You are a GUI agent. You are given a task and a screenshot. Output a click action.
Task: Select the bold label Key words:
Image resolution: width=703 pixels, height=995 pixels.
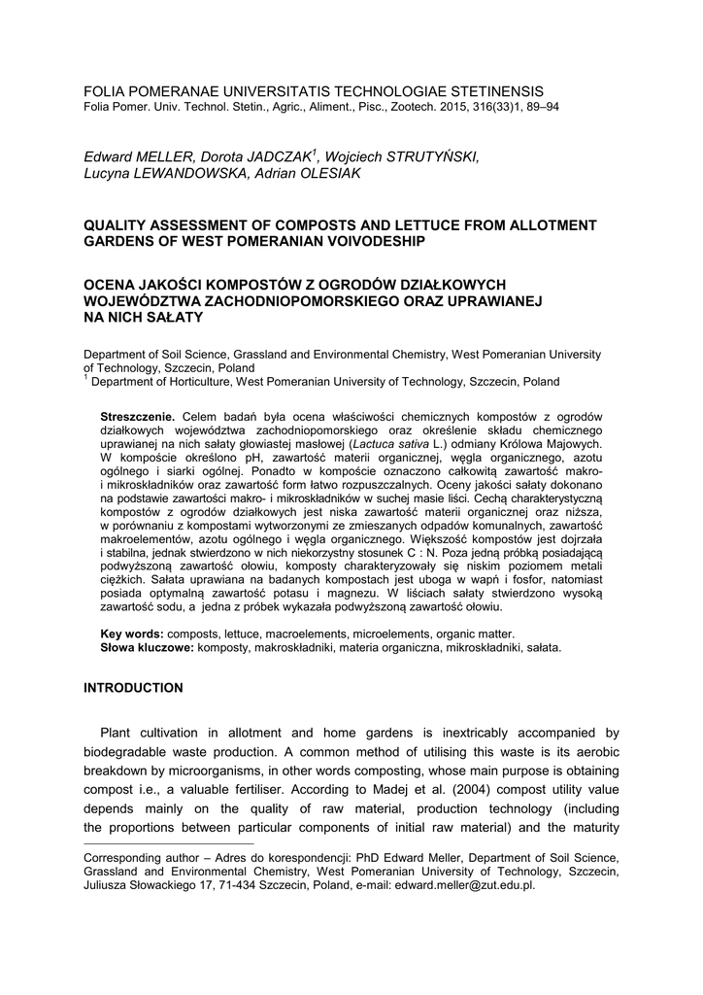[133, 634]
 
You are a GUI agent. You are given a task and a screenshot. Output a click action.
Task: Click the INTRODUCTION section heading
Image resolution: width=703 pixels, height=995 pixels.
[133, 688]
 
